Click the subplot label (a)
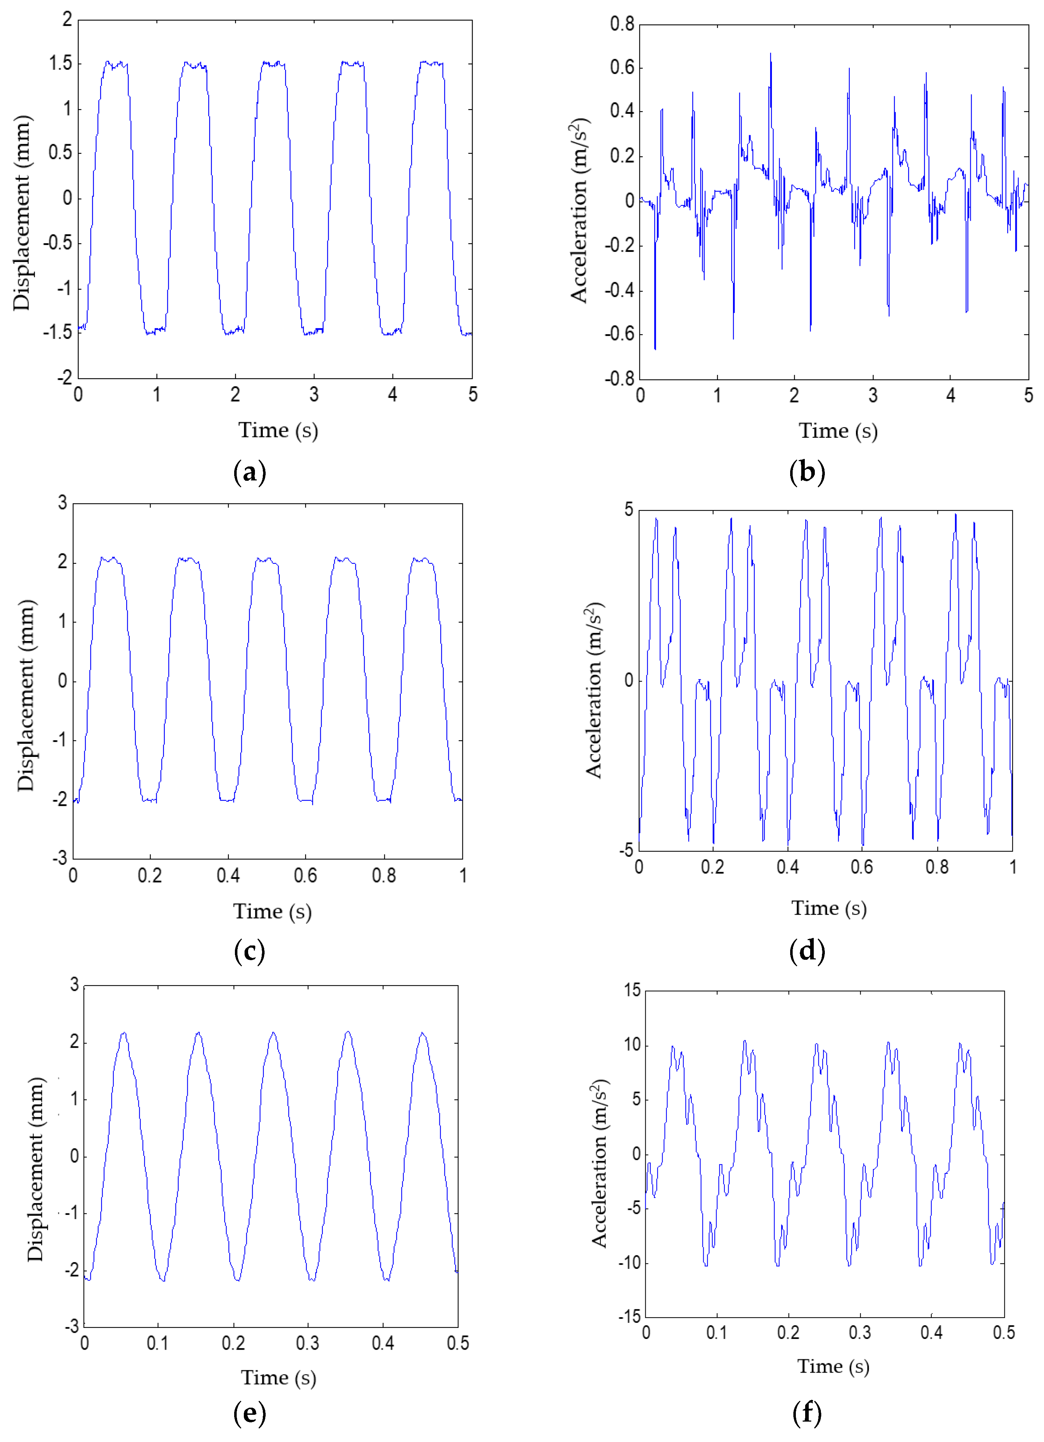[249, 473]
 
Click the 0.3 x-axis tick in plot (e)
[307, 1343]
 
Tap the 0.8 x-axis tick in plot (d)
[937, 867]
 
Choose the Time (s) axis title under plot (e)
[278, 1377]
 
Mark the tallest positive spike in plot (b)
[771, 54]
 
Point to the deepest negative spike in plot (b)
[655, 348]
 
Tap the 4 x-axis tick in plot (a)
[393, 395]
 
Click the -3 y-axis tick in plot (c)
[60, 858]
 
